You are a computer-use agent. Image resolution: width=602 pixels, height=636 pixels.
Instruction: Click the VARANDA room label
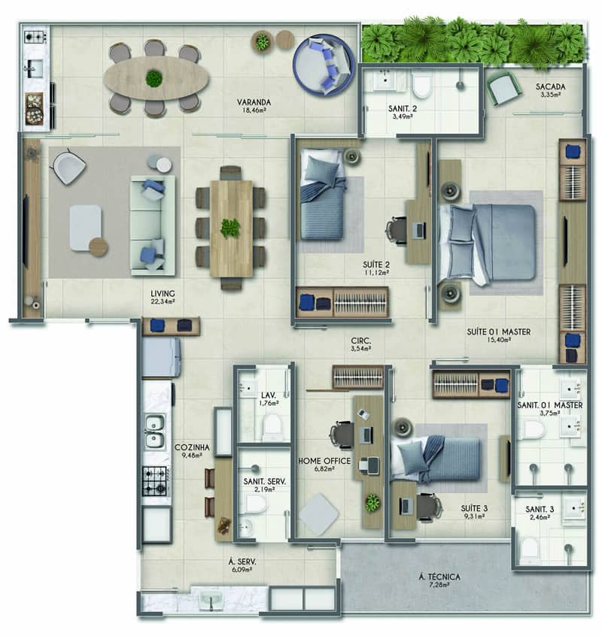[254, 102]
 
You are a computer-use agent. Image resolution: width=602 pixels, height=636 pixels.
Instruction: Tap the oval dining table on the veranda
[156, 78]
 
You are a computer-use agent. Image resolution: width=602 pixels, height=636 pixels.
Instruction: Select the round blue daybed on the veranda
[324, 65]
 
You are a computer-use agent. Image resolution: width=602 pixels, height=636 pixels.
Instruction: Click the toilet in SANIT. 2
[421, 86]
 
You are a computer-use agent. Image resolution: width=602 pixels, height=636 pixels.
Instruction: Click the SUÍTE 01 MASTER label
[498, 332]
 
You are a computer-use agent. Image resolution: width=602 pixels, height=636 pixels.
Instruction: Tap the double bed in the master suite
[487, 243]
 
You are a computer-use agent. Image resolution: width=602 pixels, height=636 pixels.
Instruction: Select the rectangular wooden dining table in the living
[231, 229]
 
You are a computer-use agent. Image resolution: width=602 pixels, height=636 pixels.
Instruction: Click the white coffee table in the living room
[85, 228]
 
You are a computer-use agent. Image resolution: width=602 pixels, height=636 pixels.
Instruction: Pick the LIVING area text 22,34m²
[163, 301]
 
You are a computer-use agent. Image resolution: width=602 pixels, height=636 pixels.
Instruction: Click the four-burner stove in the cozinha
[155, 481]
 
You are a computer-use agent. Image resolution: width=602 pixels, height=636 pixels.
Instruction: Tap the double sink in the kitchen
[155, 432]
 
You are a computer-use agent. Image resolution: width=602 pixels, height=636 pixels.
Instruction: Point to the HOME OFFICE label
[324, 461]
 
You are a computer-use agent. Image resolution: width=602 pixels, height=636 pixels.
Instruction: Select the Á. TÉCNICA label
[439, 577]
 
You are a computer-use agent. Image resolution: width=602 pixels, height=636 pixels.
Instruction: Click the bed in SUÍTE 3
[436, 460]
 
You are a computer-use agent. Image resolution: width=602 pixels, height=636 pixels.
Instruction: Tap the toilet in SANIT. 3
[530, 548]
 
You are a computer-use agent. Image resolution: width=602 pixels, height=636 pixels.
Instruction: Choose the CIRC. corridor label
[361, 341]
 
